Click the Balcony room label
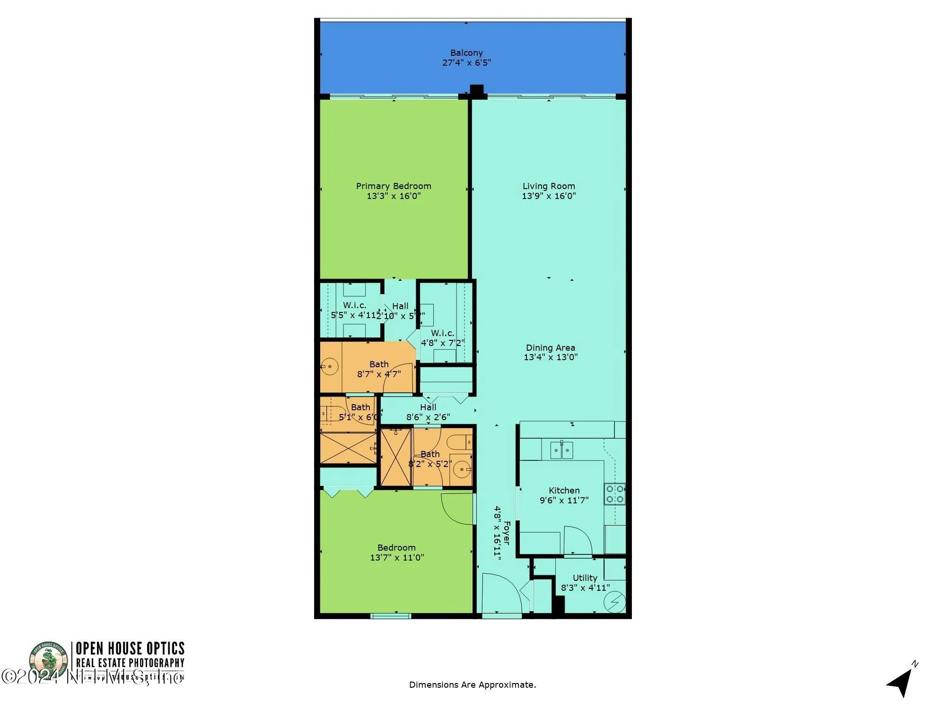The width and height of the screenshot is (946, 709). click(x=466, y=53)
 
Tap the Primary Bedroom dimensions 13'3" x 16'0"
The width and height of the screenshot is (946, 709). click(x=394, y=196)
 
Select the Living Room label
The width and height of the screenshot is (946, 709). click(x=549, y=186)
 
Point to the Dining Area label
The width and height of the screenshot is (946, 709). click(x=550, y=348)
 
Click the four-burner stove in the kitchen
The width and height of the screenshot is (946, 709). click(x=615, y=494)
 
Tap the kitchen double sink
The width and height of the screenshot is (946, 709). click(x=561, y=450)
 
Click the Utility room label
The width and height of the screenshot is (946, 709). click(x=585, y=578)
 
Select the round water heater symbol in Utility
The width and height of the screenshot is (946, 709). click(x=615, y=603)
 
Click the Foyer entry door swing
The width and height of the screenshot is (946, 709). click(x=501, y=593)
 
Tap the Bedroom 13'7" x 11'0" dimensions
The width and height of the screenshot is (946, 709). click(x=397, y=558)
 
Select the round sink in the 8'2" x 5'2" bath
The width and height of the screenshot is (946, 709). click(x=461, y=469)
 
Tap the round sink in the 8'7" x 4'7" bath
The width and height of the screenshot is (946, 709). click(x=330, y=366)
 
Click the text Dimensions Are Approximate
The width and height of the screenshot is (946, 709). click(x=473, y=684)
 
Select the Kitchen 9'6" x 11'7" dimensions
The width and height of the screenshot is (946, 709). click(x=564, y=500)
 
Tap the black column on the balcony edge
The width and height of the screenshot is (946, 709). click(x=477, y=90)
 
